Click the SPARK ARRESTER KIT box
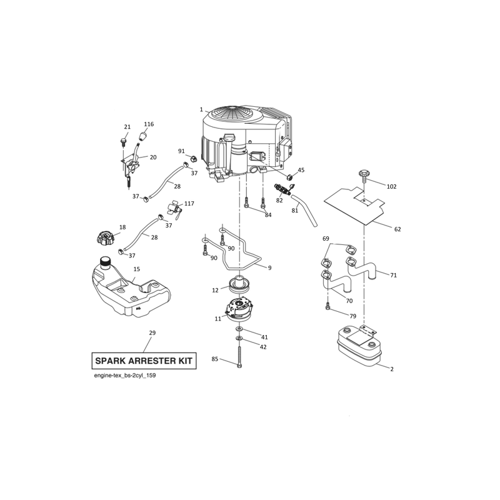click(x=144, y=361)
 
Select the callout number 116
click(x=149, y=124)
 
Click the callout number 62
click(x=397, y=229)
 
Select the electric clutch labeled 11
click(x=239, y=309)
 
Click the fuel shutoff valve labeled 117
click(x=175, y=209)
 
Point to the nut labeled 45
click(x=289, y=177)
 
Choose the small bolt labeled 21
click(x=123, y=141)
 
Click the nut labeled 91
click(x=193, y=158)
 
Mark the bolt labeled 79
click(x=327, y=307)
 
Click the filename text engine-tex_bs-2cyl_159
click(x=124, y=376)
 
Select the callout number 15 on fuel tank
click(x=136, y=269)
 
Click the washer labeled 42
click(x=239, y=338)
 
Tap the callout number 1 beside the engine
click(x=201, y=110)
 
